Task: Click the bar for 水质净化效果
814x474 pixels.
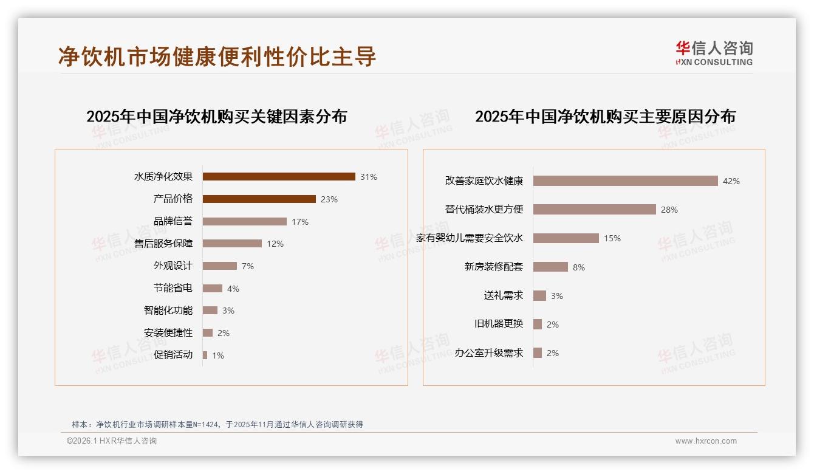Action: (x=279, y=177)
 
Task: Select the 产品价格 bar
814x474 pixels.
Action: (x=259, y=199)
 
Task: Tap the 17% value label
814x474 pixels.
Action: (x=300, y=222)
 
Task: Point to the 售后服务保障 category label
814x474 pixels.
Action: (x=163, y=244)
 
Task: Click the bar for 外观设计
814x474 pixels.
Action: (x=220, y=266)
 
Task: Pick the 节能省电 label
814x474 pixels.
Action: (x=173, y=288)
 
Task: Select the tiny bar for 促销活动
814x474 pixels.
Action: (x=205, y=355)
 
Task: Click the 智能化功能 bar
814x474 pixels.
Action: (x=210, y=311)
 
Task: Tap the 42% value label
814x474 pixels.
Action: (x=731, y=181)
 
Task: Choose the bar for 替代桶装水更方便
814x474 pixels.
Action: (x=595, y=210)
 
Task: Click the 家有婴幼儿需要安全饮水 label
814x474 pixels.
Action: (x=470, y=238)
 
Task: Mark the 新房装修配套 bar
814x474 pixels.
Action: (x=550, y=267)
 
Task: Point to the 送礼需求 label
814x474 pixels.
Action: (x=503, y=296)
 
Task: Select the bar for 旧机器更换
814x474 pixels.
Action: (x=538, y=325)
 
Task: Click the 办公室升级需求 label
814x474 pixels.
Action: (x=488, y=353)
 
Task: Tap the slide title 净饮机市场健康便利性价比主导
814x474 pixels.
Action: (x=217, y=57)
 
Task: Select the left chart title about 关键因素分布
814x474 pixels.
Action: (x=216, y=117)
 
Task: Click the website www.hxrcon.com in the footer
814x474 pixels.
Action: (x=706, y=441)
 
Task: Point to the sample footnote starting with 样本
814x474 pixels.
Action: (x=217, y=424)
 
